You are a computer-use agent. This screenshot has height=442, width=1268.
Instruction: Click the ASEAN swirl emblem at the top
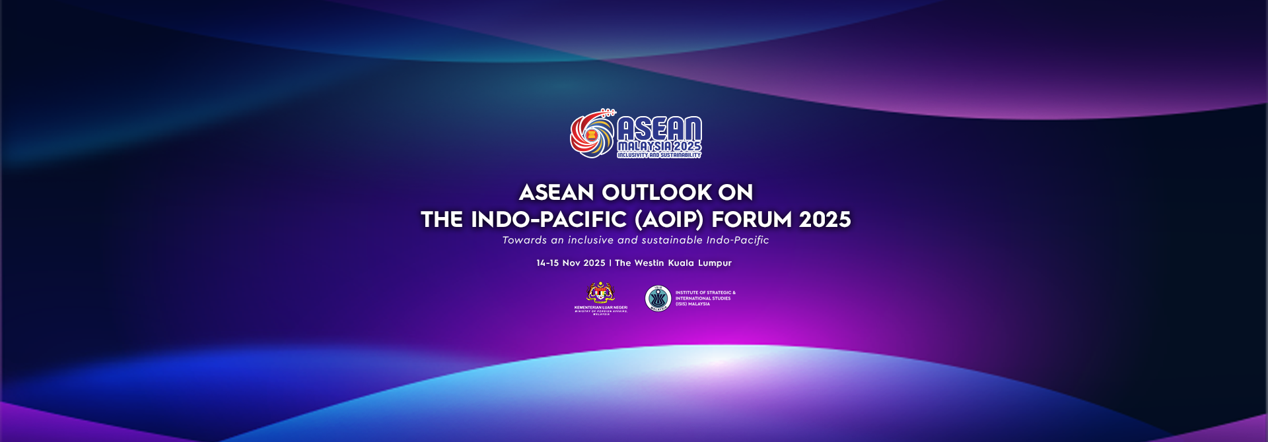click(x=592, y=134)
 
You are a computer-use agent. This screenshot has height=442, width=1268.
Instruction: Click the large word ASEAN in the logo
click(x=658, y=129)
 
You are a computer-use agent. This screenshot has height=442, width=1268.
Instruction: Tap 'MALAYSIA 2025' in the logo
click(x=659, y=146)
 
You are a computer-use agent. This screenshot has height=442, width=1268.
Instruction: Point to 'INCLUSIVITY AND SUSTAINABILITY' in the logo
click(x=659, y=155)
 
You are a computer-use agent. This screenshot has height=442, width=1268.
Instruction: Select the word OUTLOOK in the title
click(x=656, y=193)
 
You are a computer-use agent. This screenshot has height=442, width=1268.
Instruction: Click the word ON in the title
click(x=736, y=193)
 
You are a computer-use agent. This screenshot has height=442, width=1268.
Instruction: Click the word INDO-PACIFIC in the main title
click(x=548, y=220)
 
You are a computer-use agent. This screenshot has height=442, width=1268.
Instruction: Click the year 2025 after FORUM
click(x=825, y=220)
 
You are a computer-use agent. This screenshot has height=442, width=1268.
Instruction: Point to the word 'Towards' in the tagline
click(x=524, y=240)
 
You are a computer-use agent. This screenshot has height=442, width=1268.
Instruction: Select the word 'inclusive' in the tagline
click(x=590, y=240)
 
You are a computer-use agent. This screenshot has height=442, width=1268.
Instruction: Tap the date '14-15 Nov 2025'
click(x=571, y=263)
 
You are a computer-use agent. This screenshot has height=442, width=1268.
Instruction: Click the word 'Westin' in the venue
click(x=648, y=263)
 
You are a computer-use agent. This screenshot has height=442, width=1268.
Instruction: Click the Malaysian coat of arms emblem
click(x=600, y=293)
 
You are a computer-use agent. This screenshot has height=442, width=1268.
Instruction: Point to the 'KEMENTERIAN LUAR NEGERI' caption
click(x=600, y=307)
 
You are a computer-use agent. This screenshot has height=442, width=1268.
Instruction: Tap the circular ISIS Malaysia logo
click(x=658, y=298)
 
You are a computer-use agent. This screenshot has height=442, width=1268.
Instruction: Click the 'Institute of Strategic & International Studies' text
click(x=705, y=298)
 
